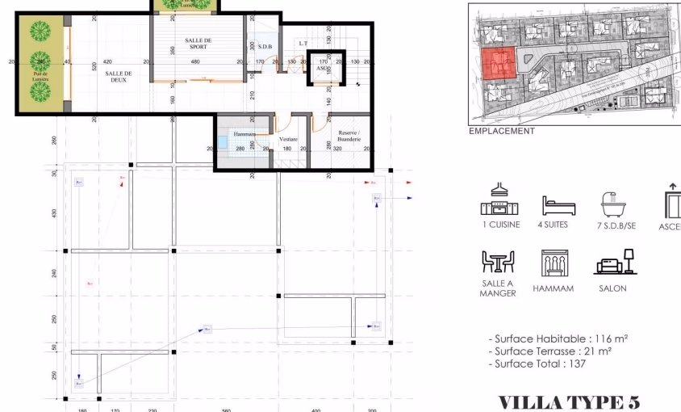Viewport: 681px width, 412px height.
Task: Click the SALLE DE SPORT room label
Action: click(198, 44)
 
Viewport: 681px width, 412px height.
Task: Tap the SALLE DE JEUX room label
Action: click(118, 76)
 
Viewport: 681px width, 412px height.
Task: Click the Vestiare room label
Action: click(289, 139)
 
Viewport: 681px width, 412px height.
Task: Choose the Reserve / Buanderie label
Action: click(349, 136)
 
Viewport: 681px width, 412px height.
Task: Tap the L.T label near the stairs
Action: click(303, 44)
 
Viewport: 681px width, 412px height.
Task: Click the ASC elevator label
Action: click(322, 68)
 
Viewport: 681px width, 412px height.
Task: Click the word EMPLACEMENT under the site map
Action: click(502, 131)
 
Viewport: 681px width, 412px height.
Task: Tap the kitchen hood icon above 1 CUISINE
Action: click(499, 200)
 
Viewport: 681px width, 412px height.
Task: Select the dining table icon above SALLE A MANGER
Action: click(497, 263)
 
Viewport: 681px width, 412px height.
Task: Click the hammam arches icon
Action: click(554, 263)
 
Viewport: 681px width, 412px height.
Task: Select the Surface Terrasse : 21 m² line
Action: click(550, 351)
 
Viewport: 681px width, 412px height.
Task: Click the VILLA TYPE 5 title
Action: click(568, 401)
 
